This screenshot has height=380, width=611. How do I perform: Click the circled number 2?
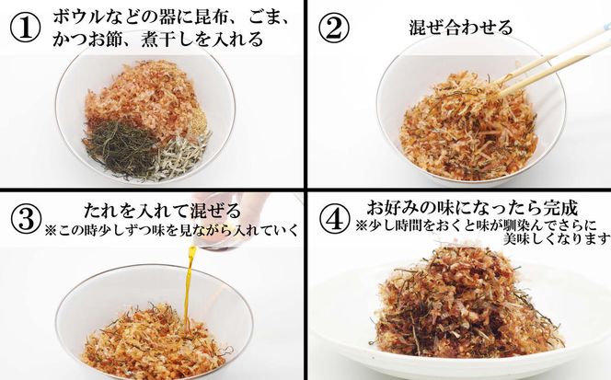(334, 28)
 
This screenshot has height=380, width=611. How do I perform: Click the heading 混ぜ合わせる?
(460, 28)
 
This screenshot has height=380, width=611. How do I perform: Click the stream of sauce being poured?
(191, 285)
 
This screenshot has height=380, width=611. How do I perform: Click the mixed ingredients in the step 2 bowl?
(455, 124)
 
